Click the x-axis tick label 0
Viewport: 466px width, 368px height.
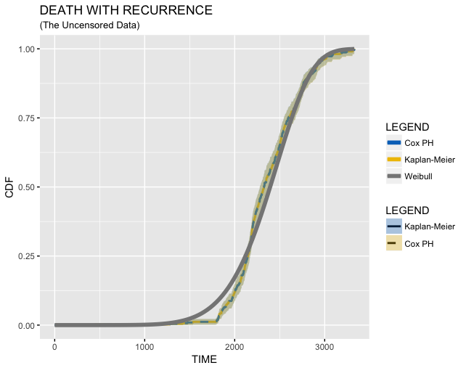coord(54,345)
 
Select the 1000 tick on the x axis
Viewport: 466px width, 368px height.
coord(144,345)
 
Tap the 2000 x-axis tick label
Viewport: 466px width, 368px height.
coord(234,345)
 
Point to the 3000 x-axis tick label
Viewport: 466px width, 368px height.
coord(324,345)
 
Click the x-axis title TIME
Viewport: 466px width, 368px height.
coord(204,359)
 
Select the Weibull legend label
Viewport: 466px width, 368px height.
coord(419,176)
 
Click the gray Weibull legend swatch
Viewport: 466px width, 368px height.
coord(393,176)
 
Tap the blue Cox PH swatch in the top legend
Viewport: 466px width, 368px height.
coord(393,142)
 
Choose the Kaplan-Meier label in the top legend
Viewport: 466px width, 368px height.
coord(429,159)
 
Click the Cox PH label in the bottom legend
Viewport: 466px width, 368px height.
coord(419,243)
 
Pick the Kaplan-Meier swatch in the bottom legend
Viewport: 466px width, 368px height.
coord(393,226)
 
